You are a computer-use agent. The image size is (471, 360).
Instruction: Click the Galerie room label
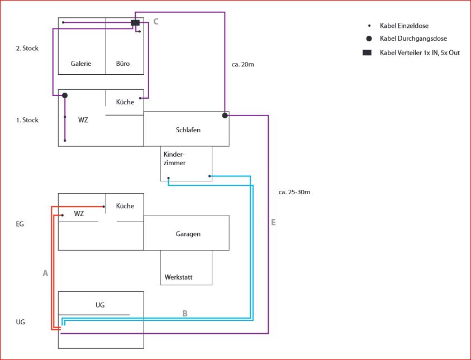(x=81, y=64)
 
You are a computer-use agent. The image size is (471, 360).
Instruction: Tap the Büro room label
(x=122, y=64)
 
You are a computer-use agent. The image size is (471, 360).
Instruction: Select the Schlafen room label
(x=188, y=130)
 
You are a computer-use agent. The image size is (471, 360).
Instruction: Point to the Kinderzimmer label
(x=174, y=159)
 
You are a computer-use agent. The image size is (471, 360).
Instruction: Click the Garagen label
(x=188, y=234)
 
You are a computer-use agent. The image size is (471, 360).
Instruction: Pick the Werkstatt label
(x=178, y=277)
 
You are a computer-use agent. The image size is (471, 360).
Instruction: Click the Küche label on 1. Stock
(x=125, y=102)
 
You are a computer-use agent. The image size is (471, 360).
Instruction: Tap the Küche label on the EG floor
(x=125, y=206)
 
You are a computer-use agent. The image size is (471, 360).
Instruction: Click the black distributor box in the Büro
(x=135, y=23)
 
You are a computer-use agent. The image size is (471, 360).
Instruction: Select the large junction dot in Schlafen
(x=225, y=116)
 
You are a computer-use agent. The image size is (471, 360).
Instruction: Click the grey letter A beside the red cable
(x=45, y=273)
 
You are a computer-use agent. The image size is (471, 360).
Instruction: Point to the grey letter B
(x=185, y=313)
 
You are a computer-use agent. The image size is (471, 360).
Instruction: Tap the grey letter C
(x=156, y=22)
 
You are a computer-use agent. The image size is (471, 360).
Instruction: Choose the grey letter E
(x=273, y=222)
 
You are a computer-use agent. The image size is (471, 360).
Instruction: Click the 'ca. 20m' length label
(x=243, y=65)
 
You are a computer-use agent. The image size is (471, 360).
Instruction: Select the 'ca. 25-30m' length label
(x=294, y=193)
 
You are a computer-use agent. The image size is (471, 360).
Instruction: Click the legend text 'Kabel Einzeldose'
(x=404, y=26)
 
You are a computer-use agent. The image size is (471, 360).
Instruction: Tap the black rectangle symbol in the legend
(x=367, y=52)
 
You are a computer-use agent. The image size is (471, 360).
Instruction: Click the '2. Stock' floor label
(x=27, y=49)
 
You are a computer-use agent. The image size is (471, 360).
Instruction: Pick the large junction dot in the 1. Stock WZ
(x=65, y=95)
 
